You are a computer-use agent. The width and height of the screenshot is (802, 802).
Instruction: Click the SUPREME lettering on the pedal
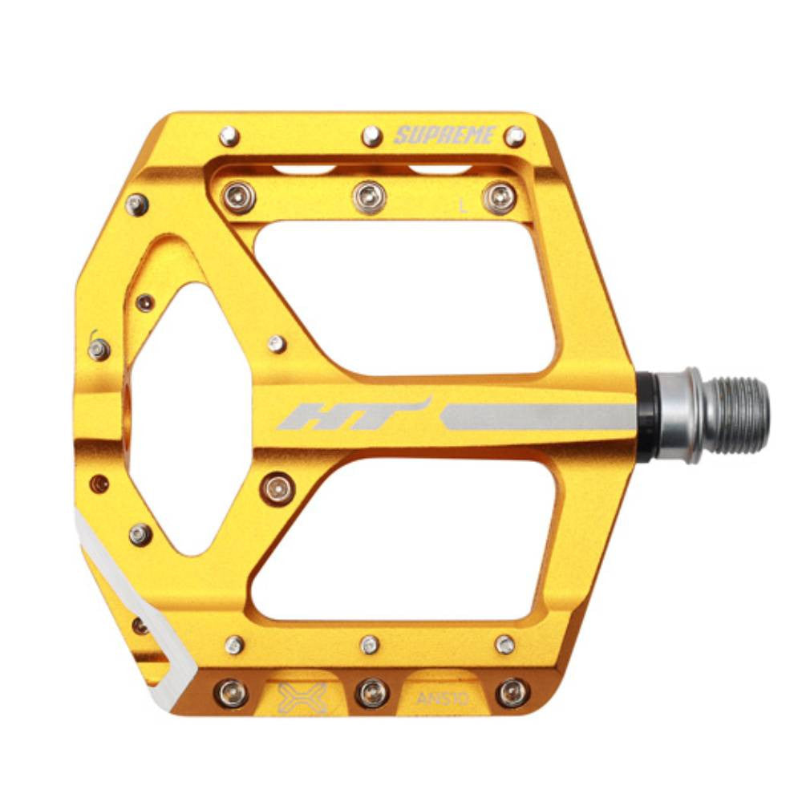(445, 135)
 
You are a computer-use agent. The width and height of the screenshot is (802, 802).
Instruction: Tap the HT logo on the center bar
(354, 413)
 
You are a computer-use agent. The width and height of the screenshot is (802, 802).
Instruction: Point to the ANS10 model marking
(443, 699)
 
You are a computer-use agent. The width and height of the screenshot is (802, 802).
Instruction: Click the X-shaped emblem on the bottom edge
(302, 698)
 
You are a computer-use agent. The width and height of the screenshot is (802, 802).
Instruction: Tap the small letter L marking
(464, 206)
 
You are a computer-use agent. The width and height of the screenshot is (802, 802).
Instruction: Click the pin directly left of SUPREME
(372, 136)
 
